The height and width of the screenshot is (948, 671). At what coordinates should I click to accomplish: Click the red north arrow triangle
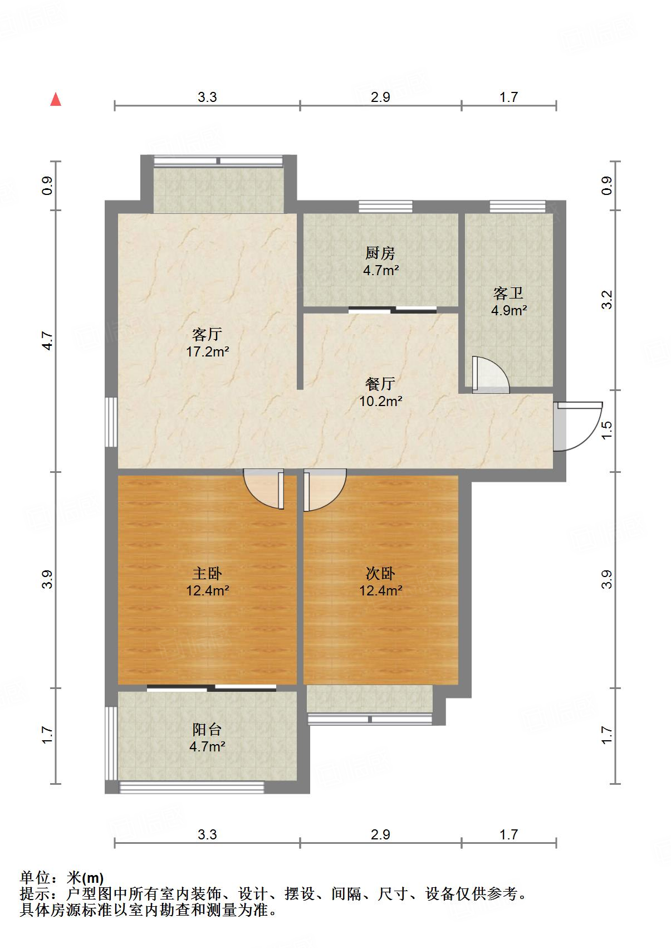click(56, 99)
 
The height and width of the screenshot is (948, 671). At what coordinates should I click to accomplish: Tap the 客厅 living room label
click(207, 334)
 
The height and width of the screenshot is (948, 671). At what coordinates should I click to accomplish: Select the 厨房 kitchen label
click(380, 253)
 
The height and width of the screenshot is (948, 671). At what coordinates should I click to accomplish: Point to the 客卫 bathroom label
click(508, 293)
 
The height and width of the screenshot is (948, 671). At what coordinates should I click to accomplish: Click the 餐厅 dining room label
click(380, 383)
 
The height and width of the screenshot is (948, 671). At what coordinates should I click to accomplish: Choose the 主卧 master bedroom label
click(207, 573)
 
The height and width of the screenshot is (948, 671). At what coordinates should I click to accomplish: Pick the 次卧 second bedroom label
click(380, 573)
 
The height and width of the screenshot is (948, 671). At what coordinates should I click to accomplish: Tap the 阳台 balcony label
click(207, 729)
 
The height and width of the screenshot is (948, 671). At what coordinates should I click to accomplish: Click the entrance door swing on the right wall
click(576, 426)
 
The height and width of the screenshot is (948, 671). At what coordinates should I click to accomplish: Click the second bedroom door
click(323, 490)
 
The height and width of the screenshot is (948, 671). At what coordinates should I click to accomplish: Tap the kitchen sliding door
click(393, 310)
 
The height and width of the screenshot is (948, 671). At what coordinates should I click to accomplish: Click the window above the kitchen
click(385, 206)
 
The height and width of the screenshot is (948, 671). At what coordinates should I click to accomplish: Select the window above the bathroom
click(517, 206)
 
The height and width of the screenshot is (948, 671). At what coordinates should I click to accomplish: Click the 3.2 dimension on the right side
click(607, 300)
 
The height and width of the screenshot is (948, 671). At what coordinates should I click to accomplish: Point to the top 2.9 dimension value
click(380, 97)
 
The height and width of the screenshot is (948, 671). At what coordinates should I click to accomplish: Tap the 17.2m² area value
click(207, 351)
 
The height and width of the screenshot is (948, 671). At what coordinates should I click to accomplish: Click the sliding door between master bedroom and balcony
click(212, 688)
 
